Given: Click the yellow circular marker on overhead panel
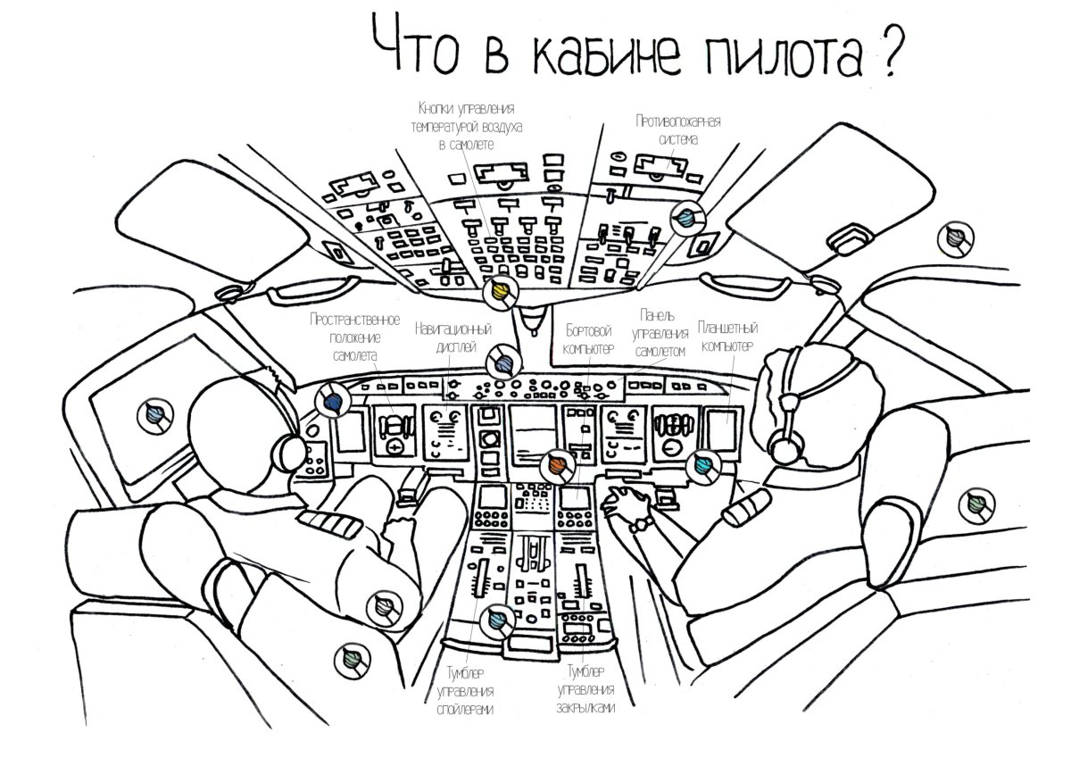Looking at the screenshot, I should tap(500, 293).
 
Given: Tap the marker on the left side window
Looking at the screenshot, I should tap(155, 414).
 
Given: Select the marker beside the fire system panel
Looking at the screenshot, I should tap(685, 217).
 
